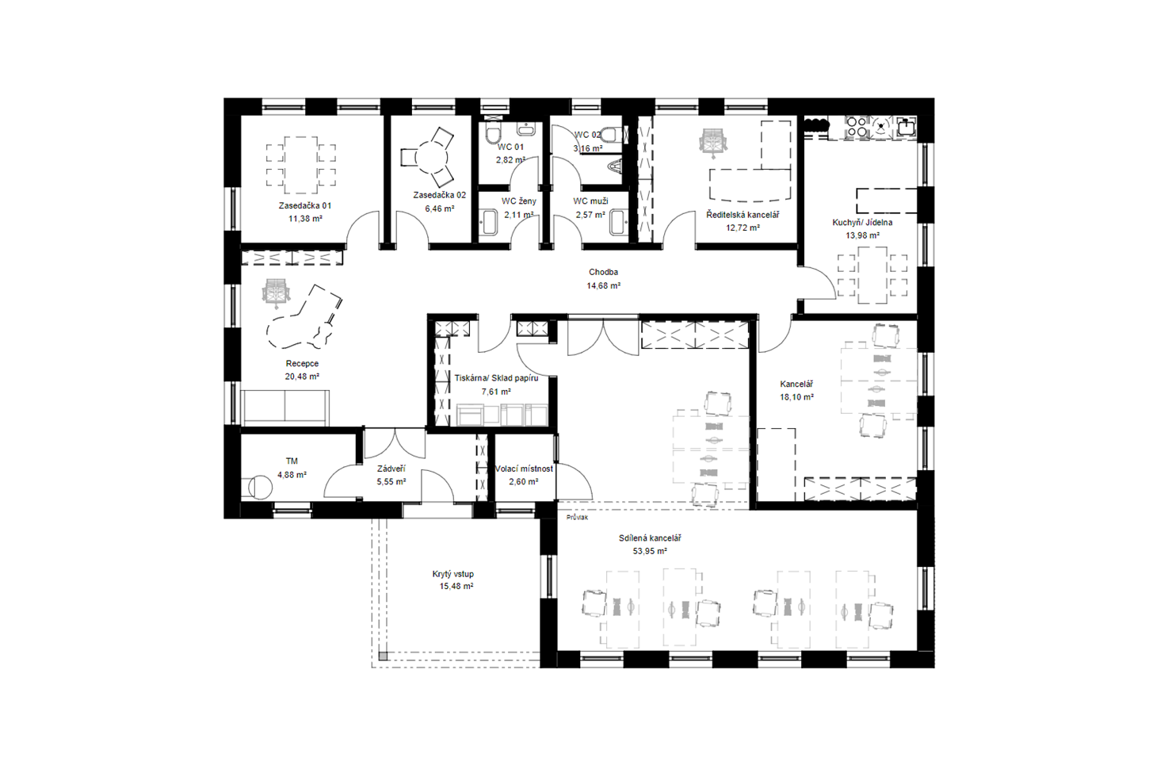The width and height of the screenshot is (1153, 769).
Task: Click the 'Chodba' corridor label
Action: [603, 272]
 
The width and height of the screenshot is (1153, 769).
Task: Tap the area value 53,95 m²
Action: [650, 551]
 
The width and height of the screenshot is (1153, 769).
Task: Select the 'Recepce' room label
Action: [302, 364]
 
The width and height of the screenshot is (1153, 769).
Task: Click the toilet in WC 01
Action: [493, 134]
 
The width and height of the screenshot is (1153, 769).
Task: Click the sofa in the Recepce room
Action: [286, 408]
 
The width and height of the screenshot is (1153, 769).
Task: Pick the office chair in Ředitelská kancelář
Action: [713, 141]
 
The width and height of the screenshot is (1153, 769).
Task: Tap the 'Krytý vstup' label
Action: [453, 574]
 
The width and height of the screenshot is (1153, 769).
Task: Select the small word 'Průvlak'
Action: [577, 517]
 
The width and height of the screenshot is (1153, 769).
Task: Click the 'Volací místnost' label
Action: [524, 469]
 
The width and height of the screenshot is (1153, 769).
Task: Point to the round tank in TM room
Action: [260, 487]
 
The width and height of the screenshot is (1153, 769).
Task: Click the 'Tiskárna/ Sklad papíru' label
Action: [496, 378]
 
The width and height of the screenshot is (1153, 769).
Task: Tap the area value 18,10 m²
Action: [797, 398]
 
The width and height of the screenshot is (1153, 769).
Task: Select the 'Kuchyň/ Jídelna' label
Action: [863, 223]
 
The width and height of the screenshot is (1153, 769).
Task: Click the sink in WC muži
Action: [618, 223]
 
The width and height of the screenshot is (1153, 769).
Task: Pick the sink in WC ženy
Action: [489, 223]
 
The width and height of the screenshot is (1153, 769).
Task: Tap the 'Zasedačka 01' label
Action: [305, 205]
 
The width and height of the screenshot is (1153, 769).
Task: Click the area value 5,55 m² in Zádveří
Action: [391, 482]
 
